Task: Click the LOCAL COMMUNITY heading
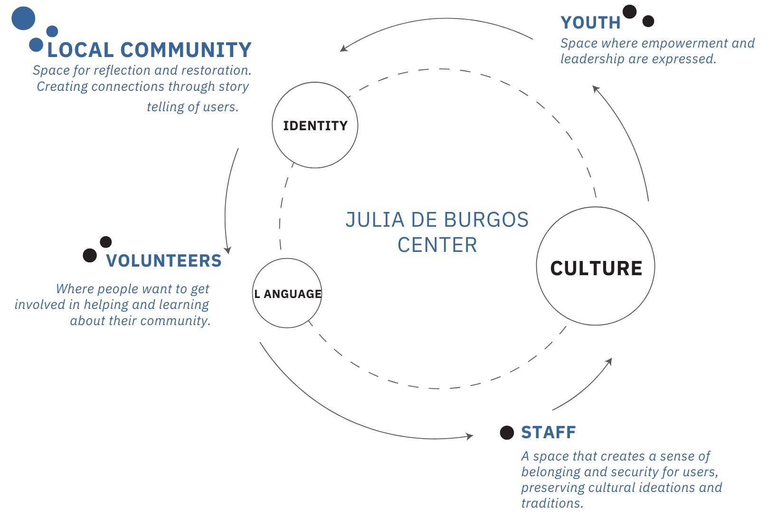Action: click(149, 50)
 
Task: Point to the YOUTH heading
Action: click(590, 22)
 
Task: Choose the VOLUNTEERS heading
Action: click(164, 260)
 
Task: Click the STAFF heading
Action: click(549, 432)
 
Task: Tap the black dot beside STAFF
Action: click(507, 432)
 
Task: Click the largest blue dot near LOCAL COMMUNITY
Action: click(23, 19)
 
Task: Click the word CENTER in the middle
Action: click(437, 245)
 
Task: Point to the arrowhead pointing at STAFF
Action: click(470, 436)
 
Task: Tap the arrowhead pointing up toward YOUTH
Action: click(596, 88)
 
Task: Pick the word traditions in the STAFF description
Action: click(552, 503)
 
